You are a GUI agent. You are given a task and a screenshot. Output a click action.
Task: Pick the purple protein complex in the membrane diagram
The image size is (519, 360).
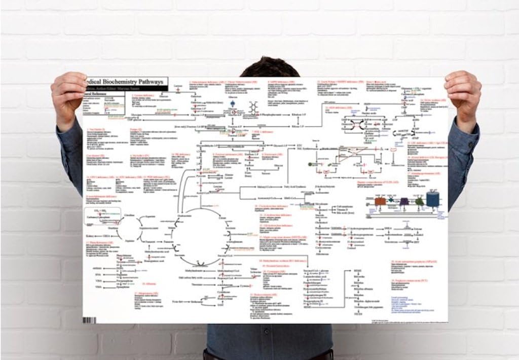pyautogui.click(x=404, y=201)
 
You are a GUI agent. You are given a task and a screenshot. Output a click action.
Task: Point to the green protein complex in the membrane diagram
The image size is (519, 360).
pyautogui.click(x=420, y=202)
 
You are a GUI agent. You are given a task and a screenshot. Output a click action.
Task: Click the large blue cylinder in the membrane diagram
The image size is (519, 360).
pyautogui.click(x=433, y=199)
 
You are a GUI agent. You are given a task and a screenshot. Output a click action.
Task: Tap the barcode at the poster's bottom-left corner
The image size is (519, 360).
pyautogui.click(x=90, y=320)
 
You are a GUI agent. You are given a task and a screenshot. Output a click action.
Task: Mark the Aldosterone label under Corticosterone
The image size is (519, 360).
pyautogui.click(x=323, y=254)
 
